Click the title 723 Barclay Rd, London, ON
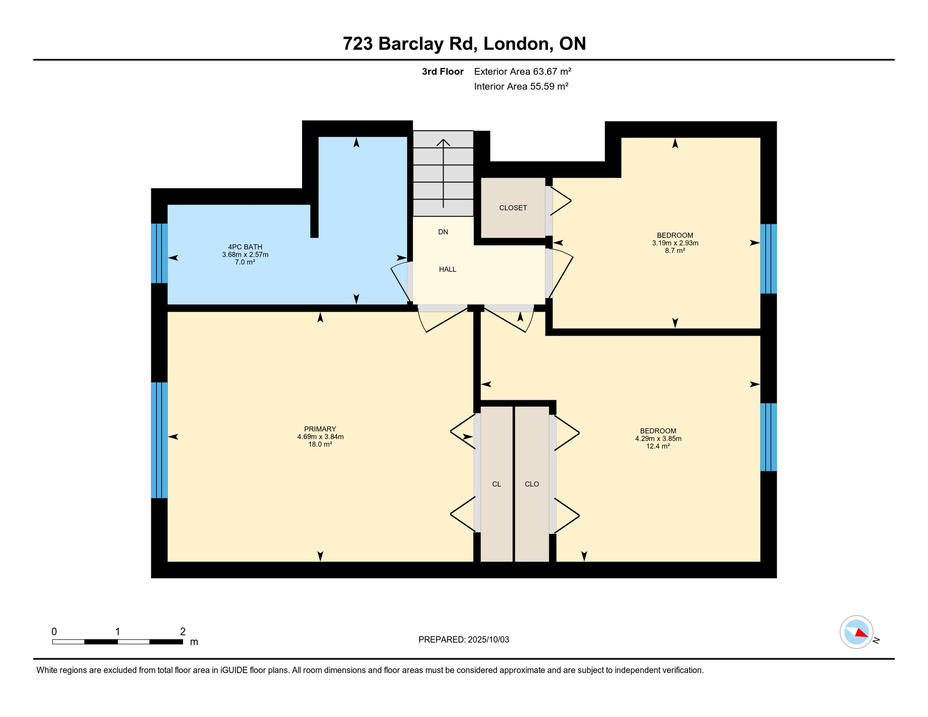[x=464, y=43]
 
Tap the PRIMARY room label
[x=320, y=429]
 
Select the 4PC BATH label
[x=245, y=247]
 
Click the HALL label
[x=448, y=269]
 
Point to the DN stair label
[x=443, y=232]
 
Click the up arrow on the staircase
[x=443, y=173]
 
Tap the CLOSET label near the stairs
[x=513, y=208]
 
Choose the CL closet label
[x=497, y=484]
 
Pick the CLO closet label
[x=532, y=484]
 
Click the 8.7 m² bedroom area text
[x=675, y=251]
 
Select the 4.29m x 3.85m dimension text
[x=658, y=439]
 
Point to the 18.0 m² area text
[x=320, y=444]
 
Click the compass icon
[x=857, y=633]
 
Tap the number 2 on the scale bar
[x=183, y=632]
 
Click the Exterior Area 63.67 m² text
[x=523, y=71]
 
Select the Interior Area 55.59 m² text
[x=521, y=86]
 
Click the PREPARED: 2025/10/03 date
[x=464, y=640]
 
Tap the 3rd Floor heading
[x=443, y=71]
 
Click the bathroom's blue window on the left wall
[x=159, y=253]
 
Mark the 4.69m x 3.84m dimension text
[x=320, y=437]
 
